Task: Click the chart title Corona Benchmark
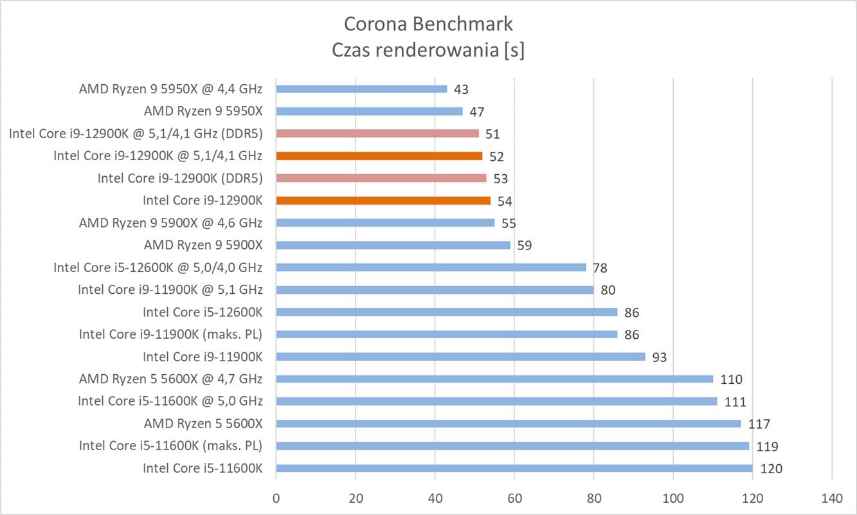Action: tap(428, 24)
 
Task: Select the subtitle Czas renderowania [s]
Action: tap(428, 50)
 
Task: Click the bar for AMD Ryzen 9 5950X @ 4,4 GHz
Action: tap(361, 89)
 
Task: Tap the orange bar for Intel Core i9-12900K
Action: tap(383, 201)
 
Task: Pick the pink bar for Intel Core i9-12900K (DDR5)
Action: tap(381, 178)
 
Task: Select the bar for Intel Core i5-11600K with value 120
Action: tap(514, 468)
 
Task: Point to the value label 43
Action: tap(461, 89)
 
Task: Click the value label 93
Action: tap(659, 357)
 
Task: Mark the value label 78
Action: tap(600, 267)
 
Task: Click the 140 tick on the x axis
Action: tap(832, 498)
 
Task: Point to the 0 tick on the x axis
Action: tap(276, 498)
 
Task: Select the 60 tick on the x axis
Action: tap(514, 498)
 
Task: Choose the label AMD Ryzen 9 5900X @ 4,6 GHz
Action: tap(170, 223)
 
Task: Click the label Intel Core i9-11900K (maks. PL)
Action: tap(170, 334)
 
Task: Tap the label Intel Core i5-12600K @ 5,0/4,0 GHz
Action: tap(158, 267)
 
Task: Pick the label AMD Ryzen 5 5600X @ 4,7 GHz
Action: tap(170, 379)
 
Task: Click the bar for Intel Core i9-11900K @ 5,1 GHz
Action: tap(435, 290)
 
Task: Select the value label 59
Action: tap(524, 246)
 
